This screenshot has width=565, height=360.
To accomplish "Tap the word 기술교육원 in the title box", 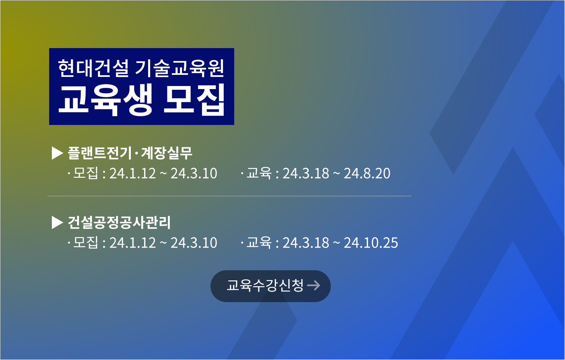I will (180, 68).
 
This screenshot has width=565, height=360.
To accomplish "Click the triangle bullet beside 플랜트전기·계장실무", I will (57, 153).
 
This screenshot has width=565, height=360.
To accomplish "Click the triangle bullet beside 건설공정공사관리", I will (57, 223).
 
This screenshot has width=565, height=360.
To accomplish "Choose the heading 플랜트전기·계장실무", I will (130, 153).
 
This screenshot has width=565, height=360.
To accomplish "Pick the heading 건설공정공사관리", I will (119, 223).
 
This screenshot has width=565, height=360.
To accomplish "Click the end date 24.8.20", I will (367, 173).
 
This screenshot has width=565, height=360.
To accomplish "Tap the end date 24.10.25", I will (371, 243).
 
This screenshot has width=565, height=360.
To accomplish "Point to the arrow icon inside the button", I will (314, 285).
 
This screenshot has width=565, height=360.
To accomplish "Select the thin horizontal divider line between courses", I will (229, 196).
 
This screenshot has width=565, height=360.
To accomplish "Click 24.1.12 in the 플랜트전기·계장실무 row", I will (133, 173).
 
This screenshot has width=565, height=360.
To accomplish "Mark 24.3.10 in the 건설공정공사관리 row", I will (194, 243).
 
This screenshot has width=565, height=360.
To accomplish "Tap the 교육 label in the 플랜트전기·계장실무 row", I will (259, 173).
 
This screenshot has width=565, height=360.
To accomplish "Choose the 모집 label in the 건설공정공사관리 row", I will (86, 242).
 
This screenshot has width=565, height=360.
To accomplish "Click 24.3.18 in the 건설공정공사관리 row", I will (306, 243).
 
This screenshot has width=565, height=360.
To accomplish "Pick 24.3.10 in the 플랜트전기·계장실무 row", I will (194, 173).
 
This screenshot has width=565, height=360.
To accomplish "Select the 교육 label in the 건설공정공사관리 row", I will (259, 242).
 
